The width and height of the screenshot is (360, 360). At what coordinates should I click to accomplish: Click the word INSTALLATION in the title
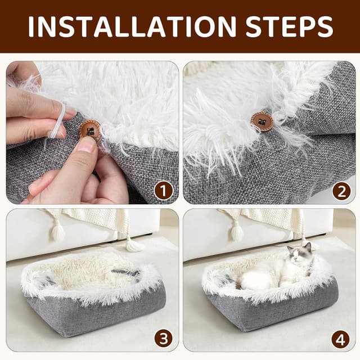pyautogui.click(x=130, y=26)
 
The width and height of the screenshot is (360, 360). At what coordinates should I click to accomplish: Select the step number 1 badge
pyautogui.click(x=164, y=191)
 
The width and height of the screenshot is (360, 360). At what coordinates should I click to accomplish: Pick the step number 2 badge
pyautogui.click(x=341, y=191)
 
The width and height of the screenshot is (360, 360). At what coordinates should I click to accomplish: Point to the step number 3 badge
pyautogui.click(x=164, y=339)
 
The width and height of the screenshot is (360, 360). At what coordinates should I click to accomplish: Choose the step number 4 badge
pyautogui.click(x=341, y=339)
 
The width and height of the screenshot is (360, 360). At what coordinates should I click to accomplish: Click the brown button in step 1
pyautogui.click(x=90, y=130)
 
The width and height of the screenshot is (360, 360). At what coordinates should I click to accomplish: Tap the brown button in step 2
pyautogui.click(x=262, y=121)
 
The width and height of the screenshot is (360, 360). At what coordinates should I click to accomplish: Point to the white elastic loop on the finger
pyautogui.click(x=58, y=121)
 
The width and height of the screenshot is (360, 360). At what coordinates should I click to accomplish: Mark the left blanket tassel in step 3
pyautogui.click(x=57, y=231)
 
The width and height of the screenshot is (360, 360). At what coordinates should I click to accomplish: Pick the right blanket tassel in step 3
pyautogui.click(x=133, y=244)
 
